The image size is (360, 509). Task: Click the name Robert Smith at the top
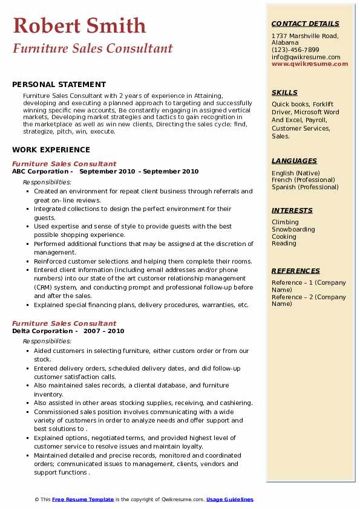tap(79, 25)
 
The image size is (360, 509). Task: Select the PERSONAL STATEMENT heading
tap(59, 85)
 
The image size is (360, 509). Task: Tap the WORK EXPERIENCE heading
tap(51, 149)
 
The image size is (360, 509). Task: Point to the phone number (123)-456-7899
tap(295, 50)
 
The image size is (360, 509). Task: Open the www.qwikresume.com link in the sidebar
tap(310, 63)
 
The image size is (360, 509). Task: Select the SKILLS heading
tap(284, 92)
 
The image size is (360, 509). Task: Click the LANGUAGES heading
tap(294, 161)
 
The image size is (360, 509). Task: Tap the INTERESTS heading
tap(292, 210)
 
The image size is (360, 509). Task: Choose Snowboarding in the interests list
tap(293, 230)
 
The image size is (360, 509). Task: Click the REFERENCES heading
tap(295, 271)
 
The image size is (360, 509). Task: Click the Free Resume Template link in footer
tap(83, 499)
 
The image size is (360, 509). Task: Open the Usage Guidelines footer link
tap(230, 499)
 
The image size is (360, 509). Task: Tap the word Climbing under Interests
tap(285, 222)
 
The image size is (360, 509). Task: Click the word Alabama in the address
tap(285, 43)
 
